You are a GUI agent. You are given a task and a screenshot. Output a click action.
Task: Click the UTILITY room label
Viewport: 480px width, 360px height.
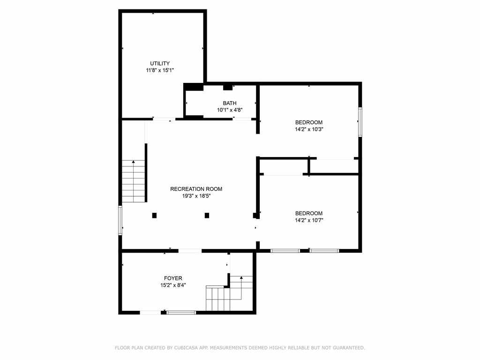tap(160, 63)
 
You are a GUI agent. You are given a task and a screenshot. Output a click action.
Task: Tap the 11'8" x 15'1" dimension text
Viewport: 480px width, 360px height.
tap(160, 70)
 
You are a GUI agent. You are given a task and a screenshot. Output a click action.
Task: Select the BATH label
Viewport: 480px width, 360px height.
tap(230, 103)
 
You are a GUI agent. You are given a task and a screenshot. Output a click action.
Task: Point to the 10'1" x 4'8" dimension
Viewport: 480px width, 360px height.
tap(230, 110)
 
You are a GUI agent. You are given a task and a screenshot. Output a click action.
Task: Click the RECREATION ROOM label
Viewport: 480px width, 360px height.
tap(196, 189)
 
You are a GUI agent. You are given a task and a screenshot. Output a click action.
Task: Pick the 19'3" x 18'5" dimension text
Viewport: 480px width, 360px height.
tap(196, 196)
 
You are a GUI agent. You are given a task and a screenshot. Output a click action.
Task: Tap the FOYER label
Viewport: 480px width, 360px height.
tap(173, 278)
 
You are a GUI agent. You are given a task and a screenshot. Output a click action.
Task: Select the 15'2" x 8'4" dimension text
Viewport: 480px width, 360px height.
tap(173, 285)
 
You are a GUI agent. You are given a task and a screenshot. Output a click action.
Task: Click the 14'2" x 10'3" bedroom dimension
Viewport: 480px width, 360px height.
tap(309, 129)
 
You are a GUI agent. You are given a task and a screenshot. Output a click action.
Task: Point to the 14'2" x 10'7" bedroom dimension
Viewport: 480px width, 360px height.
tap(309, 220)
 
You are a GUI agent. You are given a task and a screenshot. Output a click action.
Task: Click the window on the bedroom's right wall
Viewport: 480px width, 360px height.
tap(360, 122)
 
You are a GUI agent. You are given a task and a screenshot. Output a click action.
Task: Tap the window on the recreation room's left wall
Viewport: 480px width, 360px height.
tap(120, 220)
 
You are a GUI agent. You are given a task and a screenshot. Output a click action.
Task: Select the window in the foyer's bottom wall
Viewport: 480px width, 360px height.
tap(181, 313)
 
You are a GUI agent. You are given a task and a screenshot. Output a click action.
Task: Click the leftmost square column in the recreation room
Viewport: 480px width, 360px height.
tap(154, 216)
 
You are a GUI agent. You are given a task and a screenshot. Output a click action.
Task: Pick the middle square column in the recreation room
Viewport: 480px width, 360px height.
tap(207, 216)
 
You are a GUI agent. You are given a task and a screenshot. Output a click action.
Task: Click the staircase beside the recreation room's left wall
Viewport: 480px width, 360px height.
tap(134, 181)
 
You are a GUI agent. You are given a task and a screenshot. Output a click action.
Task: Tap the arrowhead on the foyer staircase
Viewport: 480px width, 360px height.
tap(241, 277)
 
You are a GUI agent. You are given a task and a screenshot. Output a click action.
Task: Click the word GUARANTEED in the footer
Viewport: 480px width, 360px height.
tap(349, 348)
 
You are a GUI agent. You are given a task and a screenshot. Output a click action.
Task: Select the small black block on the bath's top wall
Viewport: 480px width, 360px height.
tap(227, 87)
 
